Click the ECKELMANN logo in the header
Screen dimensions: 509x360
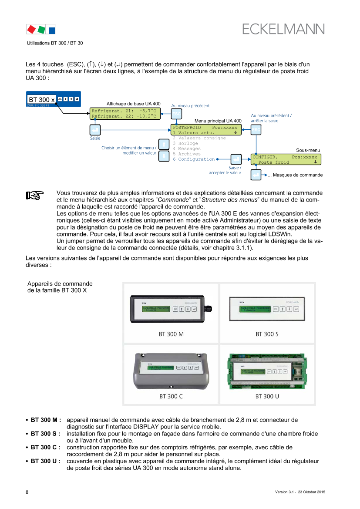283,29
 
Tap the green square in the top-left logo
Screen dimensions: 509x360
41,30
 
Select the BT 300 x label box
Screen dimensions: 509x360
42,99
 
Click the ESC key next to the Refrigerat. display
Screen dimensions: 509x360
176,114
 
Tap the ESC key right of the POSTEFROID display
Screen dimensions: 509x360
256,130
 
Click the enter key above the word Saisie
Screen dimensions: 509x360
95,130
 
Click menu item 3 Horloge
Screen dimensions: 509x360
185,143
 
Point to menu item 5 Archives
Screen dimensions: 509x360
187,154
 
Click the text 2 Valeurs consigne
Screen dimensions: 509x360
199,138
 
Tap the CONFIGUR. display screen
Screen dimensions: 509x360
286,159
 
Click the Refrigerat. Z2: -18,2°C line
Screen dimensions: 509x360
124,116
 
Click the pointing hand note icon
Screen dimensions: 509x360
34,196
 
